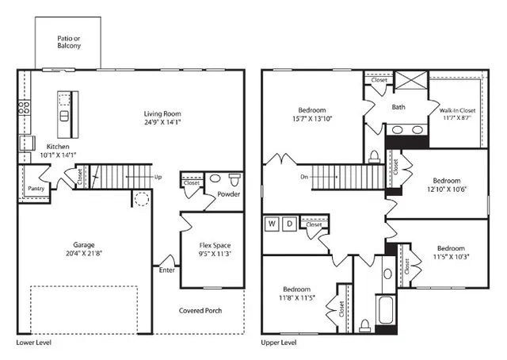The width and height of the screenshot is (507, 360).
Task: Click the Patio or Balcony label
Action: point(68,42)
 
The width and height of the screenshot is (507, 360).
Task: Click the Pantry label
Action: point(36,189)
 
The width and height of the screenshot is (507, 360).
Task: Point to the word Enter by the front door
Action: point(167,270)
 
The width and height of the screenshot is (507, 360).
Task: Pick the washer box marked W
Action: point(272,224)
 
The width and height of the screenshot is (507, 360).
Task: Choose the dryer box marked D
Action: point(290,224)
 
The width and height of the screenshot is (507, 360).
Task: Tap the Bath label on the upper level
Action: point(399,107)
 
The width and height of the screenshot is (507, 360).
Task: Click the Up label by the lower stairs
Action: point(158,177)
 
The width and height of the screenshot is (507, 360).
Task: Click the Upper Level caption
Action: point(279,343)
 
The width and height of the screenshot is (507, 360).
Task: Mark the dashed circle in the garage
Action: point(142,198)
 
